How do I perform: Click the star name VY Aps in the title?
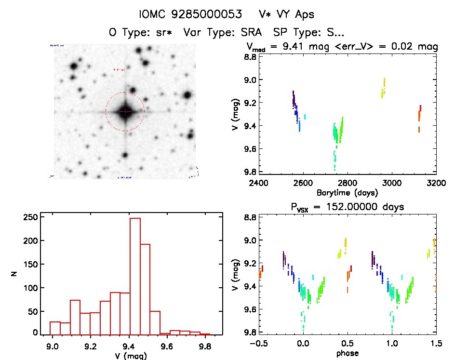click(x=299, y=14)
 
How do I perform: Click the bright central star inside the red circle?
click(x=125, y=111)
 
